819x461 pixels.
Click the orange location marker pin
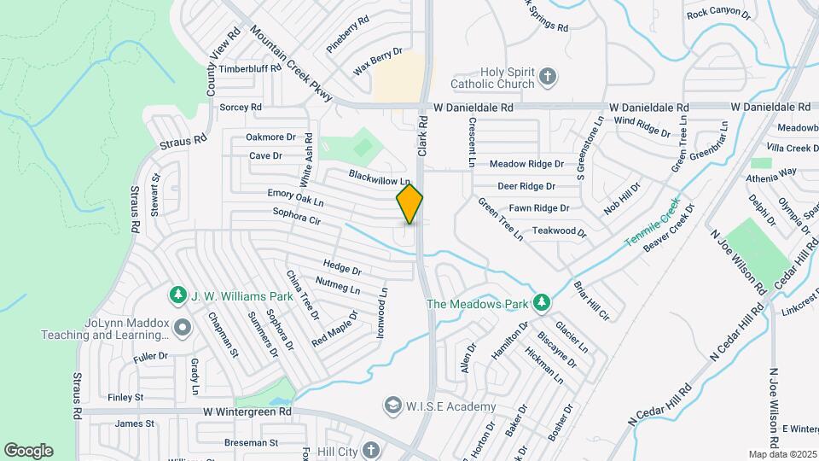[x=409, y=203]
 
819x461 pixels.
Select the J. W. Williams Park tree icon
[x=177, y=295]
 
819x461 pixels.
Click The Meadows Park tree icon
[x=540, y=302]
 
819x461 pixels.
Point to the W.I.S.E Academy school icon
[x=392, y=404]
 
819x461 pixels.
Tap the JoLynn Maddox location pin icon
[x=181, y=327]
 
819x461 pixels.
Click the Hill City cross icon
[x=369, y=449]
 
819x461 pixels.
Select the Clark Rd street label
[x=421, y=137]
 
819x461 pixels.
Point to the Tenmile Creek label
[x=650, y=223]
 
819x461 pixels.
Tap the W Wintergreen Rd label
[x=247, y=411]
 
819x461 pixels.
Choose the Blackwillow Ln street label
[x=380, y=176]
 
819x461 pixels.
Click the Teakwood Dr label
[x=559, y=231]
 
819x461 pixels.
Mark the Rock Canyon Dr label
[x=718, y=14]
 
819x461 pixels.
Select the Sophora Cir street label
[x=296, y=216]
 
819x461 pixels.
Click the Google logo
[x=28, y=451]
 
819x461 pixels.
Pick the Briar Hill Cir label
[x=591, y=301]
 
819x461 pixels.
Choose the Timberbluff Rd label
[x=250, y=68]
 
